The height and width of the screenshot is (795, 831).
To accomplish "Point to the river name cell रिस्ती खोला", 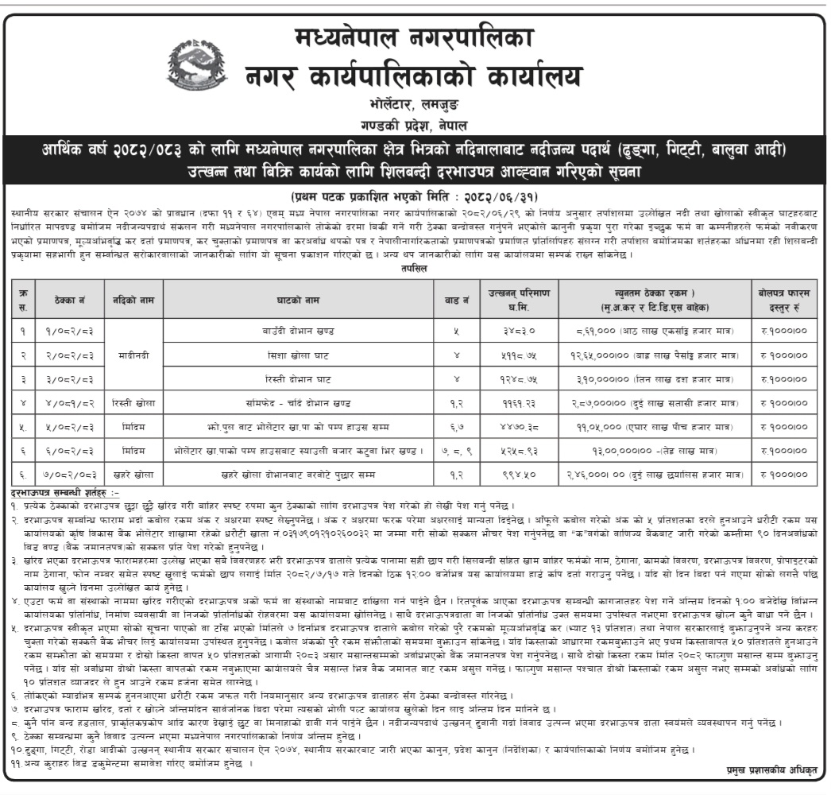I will tap(134, 404).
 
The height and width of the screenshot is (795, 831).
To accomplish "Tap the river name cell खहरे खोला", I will tap(134, 474).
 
